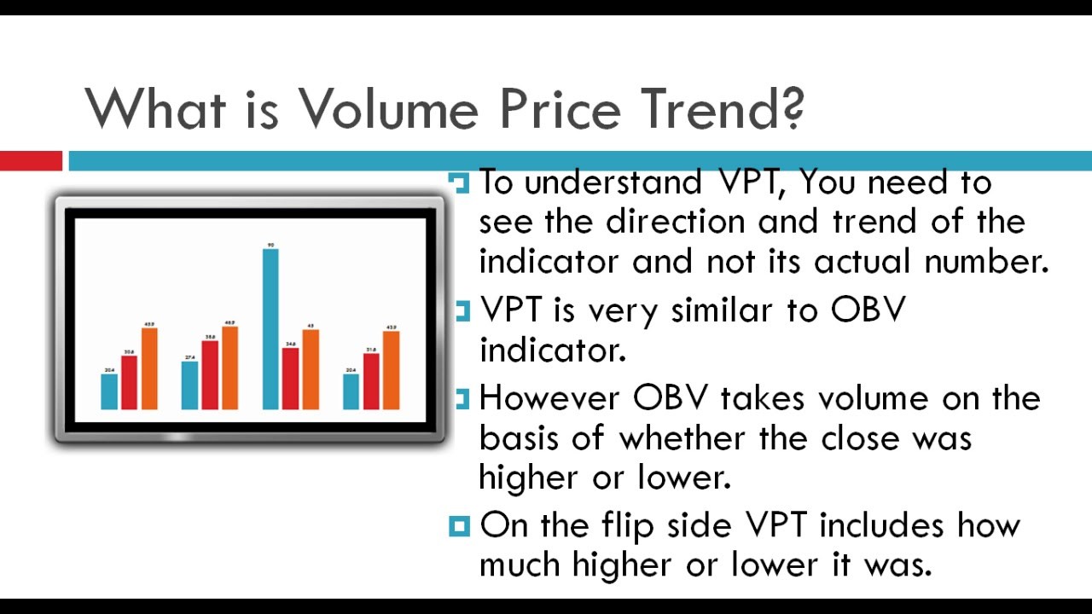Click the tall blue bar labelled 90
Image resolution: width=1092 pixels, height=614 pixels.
point(270,328)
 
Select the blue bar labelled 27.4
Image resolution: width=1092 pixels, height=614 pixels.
point(189,385)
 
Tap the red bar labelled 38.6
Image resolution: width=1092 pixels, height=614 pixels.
point(209,375)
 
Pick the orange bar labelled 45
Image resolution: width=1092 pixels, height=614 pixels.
point(311,369)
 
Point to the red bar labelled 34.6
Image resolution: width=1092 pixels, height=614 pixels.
point(291,379)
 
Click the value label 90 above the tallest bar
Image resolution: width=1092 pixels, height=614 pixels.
point(270,245)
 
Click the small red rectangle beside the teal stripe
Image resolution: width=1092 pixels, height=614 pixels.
point(31,160)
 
